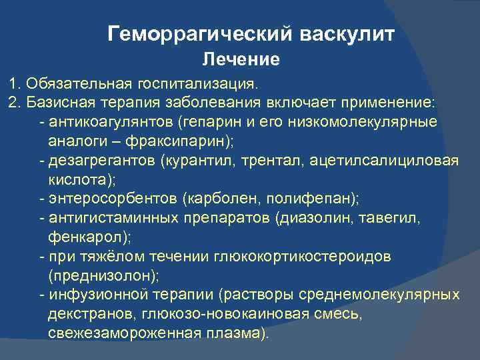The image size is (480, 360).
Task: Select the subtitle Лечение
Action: pos(241,60)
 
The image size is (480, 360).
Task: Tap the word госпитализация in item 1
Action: pos(199,85)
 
